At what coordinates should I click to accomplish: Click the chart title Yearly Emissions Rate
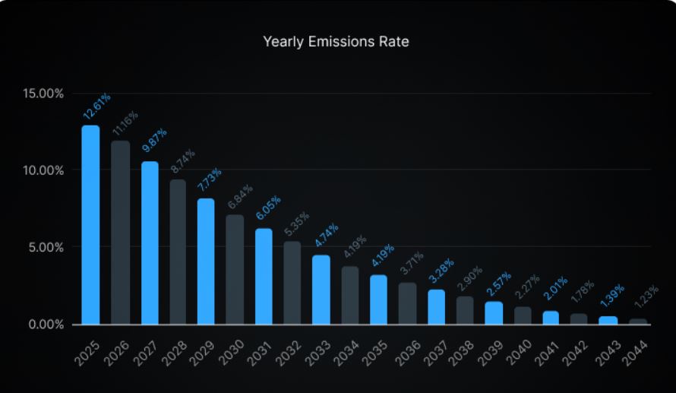pyautogui.click(x=336, y=42)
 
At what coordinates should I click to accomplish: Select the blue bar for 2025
pyautogui.click(x=90, y=225)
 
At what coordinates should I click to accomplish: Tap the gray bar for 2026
pyautogui.click(x=120, y=233)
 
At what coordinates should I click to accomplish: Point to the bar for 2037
pyautogui.click(x=436, y=307)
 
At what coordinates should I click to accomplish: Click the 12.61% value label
pyautogui.click(x=96, y=107)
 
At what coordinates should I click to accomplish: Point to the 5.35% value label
pyautogui.click(x=296, y=225)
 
